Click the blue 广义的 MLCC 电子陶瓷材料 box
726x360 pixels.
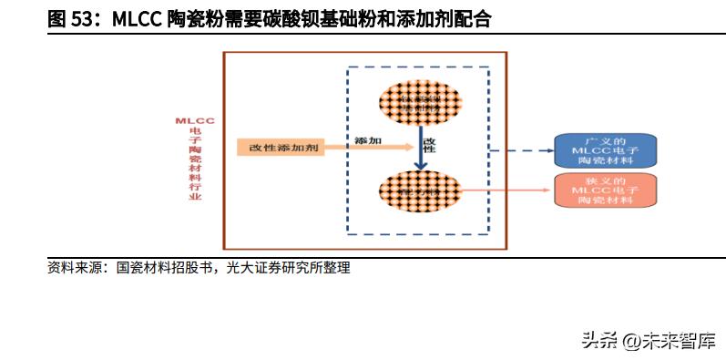click(606, 149)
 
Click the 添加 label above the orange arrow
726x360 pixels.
click(368, 139)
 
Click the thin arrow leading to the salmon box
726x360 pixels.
click(506, 190)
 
